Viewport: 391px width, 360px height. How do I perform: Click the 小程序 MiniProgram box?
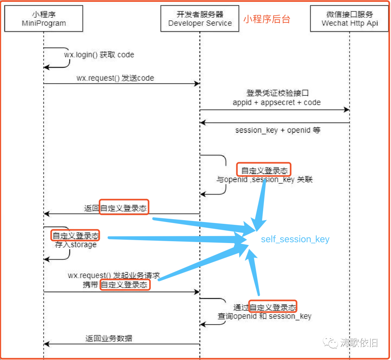43,19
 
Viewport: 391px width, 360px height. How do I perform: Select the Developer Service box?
200,19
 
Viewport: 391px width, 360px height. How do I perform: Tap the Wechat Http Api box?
349,19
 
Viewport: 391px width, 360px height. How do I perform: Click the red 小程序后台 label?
266,19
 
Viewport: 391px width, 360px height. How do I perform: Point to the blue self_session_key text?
295,239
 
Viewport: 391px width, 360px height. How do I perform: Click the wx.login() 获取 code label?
99,55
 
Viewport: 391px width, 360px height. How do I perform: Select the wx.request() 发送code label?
115,78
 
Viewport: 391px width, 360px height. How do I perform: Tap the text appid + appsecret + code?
277,102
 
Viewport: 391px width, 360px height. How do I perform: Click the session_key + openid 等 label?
278,130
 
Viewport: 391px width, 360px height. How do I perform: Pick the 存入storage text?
76,245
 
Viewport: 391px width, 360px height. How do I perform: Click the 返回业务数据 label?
109,339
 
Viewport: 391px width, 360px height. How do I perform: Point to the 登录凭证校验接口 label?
277,93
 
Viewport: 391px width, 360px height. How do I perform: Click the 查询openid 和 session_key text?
264,316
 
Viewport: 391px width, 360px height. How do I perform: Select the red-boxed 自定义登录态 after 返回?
124,208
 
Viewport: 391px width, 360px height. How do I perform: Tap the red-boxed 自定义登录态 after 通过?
273,307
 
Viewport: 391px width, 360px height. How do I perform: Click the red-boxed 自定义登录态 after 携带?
124,285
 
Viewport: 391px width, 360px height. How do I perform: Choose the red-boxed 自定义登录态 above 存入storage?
75,236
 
